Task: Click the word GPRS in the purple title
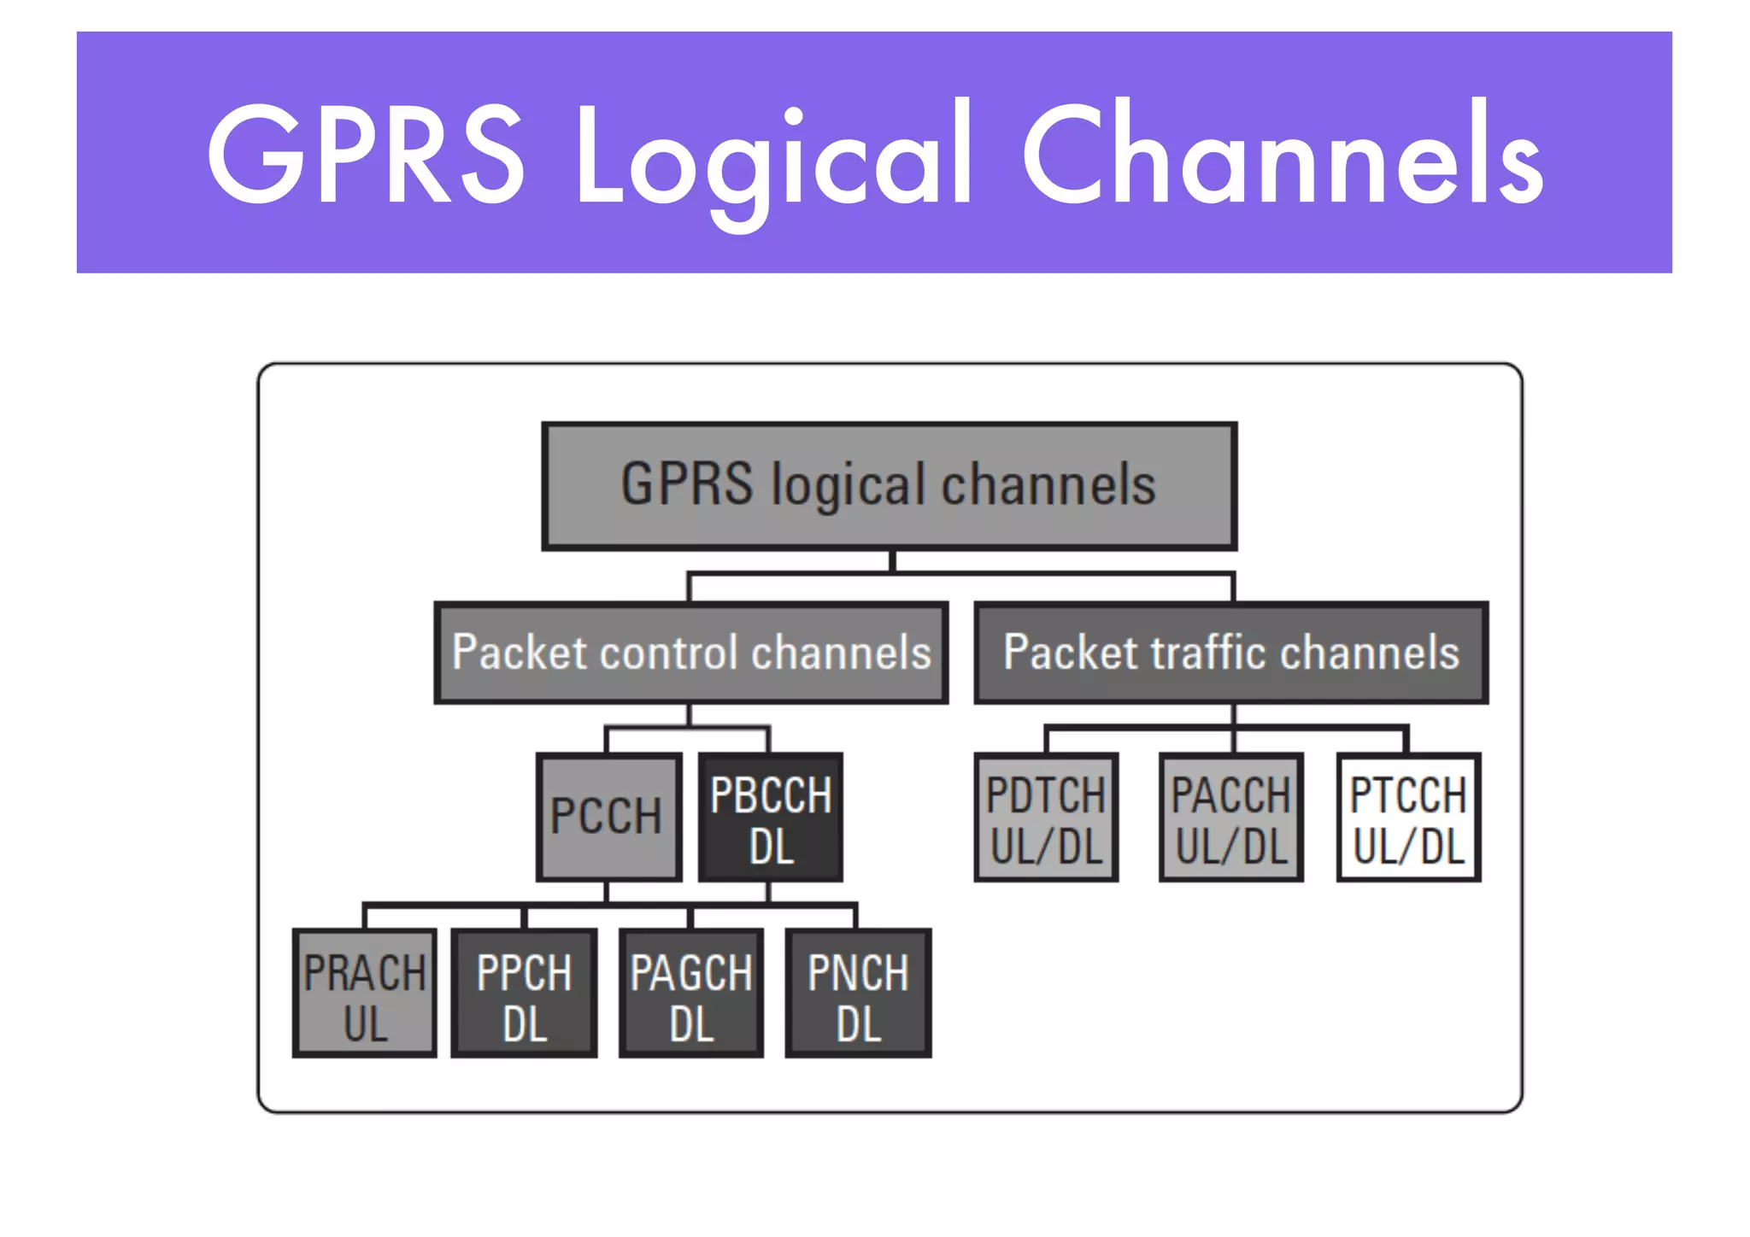pyautogui.click(x=365, y=154)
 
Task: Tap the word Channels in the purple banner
pyautogui.click(x=1282, y=154)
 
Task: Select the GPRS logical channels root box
pyautogui.click(x=889, y=485)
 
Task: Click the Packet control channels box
pyautogui.click(x=690, y=653)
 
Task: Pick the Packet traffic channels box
pyautogui.click(x=1230, y=653)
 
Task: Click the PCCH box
pyautogui.click(x=608, y=817)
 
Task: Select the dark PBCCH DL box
pyautogui.click(x=770, y=818)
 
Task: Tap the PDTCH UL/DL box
pyautogui.click(x=1046, y=818)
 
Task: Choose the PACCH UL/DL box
pyautogui.click(x=1230, y=818)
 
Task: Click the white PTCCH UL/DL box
pyautogui.click(x=1408, y=818)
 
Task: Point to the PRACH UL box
pyautogui.click(x=365, y=994)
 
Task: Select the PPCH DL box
pyautogui.click(x=524, y=994)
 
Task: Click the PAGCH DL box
pyautogui.click(x=690, y=994)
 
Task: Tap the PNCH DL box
pyautogui.click(x=858, y=994)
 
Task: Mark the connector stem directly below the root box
pyautogui.click(x=891, y=562)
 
